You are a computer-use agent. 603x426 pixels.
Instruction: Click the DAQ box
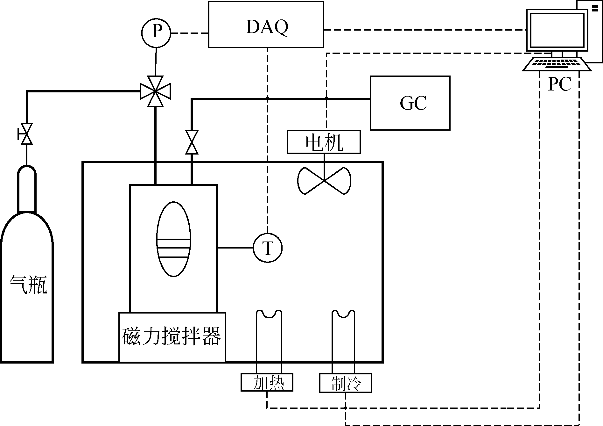pyautogui.click(x=266, y=25)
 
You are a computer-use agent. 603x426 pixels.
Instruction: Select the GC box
pyautogui.click(x=410, y=103)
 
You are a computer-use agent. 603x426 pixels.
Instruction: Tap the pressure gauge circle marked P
pyautogui.click(x=156, y=32)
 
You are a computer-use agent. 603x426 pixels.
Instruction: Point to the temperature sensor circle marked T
pyautogui.click(x=268, y=248)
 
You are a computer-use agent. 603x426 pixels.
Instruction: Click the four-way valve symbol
pyautogui.click(x=155, y=91)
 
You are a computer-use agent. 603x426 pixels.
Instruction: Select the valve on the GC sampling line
pyautogui.click(x=192, y=142)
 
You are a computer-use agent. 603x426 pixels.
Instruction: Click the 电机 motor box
pyautogui.click(x=324, y=142)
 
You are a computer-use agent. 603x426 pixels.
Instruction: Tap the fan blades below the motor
pyautogui.click(x=324, y=181)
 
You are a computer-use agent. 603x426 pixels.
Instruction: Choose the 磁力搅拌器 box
pyautogui.click(x=172, y=337)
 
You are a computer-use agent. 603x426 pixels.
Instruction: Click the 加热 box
pyautogui.click(x=267, y=382)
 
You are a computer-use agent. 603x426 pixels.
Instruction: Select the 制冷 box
pyautogui.click(x=345, y=382)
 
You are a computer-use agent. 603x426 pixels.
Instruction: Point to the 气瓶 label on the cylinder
pyautogui.click(x=28, y=284)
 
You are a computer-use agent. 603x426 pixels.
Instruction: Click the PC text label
pyautogui.click(x=559, y=84)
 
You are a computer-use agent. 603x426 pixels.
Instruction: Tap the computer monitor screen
pyautogui.click(x=557, y=30)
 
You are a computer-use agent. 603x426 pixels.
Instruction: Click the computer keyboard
pyautogui.click(x=557, y=64)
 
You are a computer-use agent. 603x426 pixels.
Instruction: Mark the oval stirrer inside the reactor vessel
pyautogui.click(x=174, y=239)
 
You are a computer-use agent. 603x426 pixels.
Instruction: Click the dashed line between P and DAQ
pyautogui.click(x=190, y=33)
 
